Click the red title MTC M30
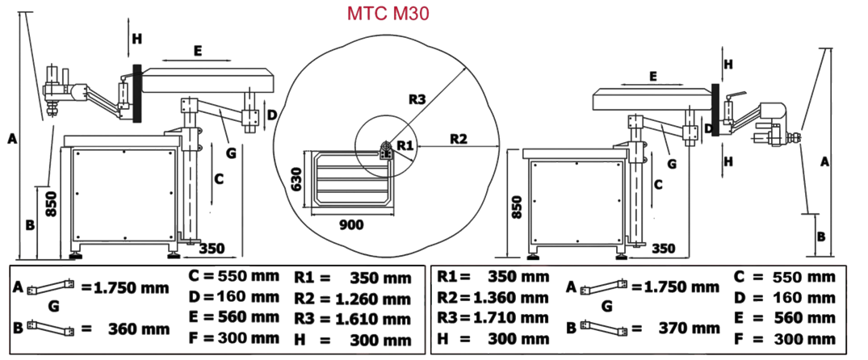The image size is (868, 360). pyautogui.click(x=387, y=14)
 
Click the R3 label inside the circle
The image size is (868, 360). pyautogui.click(x=417, y=100)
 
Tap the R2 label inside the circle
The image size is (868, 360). pyautogui.click(x=458, y=137)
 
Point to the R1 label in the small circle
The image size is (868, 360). pyautogui.click(x=405, y=144)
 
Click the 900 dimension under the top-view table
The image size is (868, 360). pyautogui.click(x=351, y=224)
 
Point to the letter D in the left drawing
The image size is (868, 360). pyautogui.click(x=272, y=115)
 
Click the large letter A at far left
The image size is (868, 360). pyautogui.click(x=11, y=140)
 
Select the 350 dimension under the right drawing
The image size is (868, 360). pyautogui.click(x=662, y=248)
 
